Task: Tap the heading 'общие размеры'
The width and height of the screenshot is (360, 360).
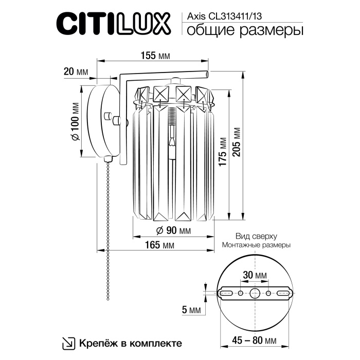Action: point(242,30)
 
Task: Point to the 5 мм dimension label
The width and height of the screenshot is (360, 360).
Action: point(191,310)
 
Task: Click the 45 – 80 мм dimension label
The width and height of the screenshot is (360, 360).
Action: point(252,340)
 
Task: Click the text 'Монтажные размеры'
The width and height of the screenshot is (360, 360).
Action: point(256,246)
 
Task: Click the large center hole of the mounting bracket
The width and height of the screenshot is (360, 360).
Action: point(255,293)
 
